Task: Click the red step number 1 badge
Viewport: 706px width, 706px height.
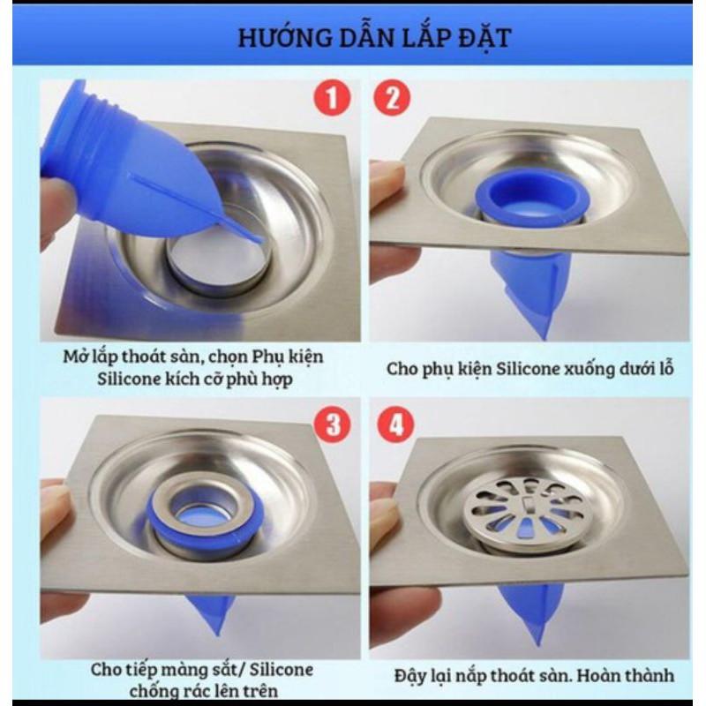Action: [x=332, y=98]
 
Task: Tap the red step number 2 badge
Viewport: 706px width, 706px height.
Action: [x=392, y=98]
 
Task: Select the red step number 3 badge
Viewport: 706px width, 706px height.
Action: [x=333, y=424]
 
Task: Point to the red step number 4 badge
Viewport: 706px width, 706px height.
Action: [x=395, y=424]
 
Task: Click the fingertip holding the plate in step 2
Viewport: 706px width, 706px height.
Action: [x=386, y=179]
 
